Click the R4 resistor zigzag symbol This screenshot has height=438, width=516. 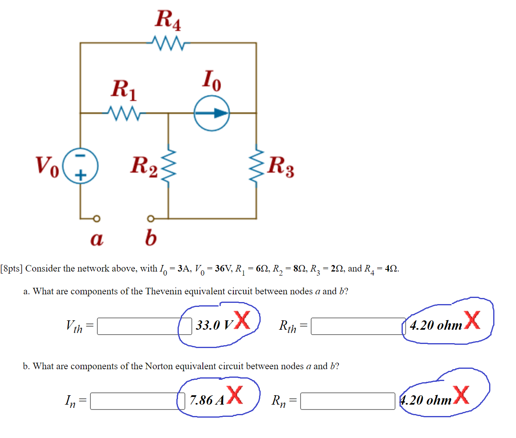(168, 43)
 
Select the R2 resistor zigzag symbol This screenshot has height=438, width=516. (169, 166)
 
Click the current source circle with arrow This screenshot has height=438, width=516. (212, 113)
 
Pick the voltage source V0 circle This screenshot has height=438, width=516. (81, 166)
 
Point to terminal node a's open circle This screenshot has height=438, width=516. (96, 219)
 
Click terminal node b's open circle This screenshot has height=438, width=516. (150, 219)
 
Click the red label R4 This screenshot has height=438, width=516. (168, 20)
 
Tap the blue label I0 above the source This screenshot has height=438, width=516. (212, 80)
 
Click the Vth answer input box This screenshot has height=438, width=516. (144, 326)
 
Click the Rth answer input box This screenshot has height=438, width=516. (358, 326)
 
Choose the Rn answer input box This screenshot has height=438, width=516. (347, 401)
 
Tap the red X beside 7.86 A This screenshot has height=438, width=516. (235, 394)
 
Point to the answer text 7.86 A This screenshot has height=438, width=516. (207, 401)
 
